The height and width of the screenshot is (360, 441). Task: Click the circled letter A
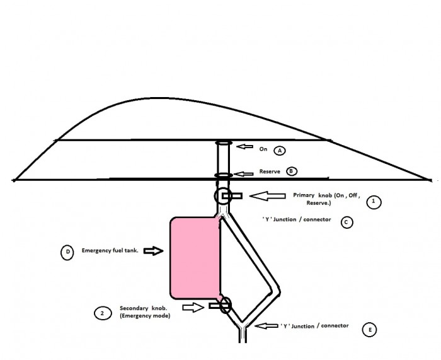[280, 151]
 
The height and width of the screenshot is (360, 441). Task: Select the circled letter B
[291, 171]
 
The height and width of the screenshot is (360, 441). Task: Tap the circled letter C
[346, 222]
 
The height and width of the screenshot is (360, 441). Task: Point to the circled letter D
[67, 252]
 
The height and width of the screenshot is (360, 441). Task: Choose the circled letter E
[370, 330]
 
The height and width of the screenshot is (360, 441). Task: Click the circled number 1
[374, 202]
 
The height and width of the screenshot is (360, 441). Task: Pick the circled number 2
[103, 313]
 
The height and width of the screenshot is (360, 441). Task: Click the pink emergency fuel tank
[195, 257]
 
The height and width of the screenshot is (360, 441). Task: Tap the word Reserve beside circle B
[270, 171]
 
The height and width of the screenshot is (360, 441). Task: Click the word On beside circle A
[263, 149]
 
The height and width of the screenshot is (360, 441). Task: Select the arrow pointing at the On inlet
[244, 146]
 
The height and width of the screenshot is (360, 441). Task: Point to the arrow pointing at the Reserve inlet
[244, 174]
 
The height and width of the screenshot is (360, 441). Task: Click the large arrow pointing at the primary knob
[268, 196]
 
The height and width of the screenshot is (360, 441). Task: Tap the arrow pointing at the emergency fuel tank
[154, 250]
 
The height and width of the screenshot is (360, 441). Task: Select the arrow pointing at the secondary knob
[193, 307]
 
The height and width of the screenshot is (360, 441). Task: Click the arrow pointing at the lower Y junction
[266, 326]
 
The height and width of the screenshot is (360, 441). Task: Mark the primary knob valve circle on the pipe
[223, 196]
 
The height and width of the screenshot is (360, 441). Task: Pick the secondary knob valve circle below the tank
[226, 305]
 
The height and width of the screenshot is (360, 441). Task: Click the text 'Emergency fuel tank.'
[110, 250]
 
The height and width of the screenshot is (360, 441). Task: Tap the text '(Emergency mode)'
[145, 316]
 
